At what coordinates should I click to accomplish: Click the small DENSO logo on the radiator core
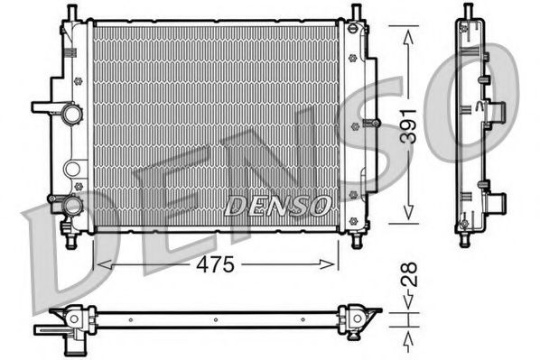[276, 206]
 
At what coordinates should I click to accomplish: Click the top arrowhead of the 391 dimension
[407, 33]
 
